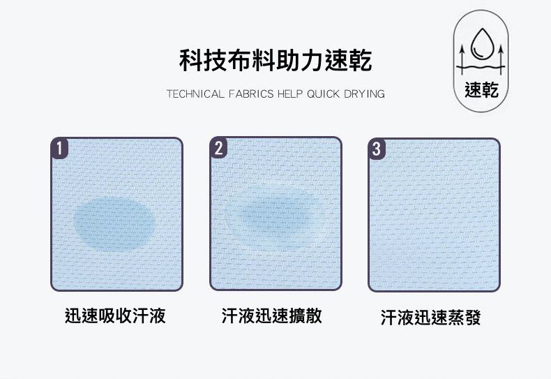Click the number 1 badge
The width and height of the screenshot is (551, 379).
pyautogui.click(x=60, y=148)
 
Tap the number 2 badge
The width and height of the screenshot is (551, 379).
pyautogui.click(x=218, y=148)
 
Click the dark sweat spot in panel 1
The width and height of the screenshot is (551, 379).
pyautogui.click(x=114, y=224)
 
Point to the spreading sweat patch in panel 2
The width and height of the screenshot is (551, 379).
pyautogui.click(x=271, y=217)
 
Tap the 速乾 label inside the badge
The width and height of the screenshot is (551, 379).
pyautogui.click(x=481, y=89)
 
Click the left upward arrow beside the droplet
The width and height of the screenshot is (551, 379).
pyautogui.click(x=462, y=59)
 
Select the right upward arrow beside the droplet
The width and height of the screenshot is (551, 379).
pyautogui.click(x=500, y=59)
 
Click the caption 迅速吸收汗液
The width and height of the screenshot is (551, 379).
pyautogui.click(x=115, y=315)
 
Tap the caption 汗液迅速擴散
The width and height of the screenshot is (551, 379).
pyautogui.click(x=271, y=315)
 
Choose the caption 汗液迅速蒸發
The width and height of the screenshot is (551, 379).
pyautogui.click(x=430, y=317)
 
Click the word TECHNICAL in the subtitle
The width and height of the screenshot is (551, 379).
pyautogui.click(x=195, y=94)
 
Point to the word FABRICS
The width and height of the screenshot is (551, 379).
pyautogui.click(x=251, y=94)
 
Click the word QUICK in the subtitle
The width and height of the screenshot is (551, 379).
pyautogui.click(x=324, y=94)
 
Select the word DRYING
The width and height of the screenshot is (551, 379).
pyautogui.click(x=364, y=94)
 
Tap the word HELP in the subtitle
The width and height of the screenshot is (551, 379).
pyautogui.click(x=290, y=94)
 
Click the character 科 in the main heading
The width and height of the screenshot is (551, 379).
pyautogui.click(x=191, y=61)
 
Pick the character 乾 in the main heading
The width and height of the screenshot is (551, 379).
pyautogui.click(x=361, y=61)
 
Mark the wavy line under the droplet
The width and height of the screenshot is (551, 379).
pyautogui.click(x=481, y=67)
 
